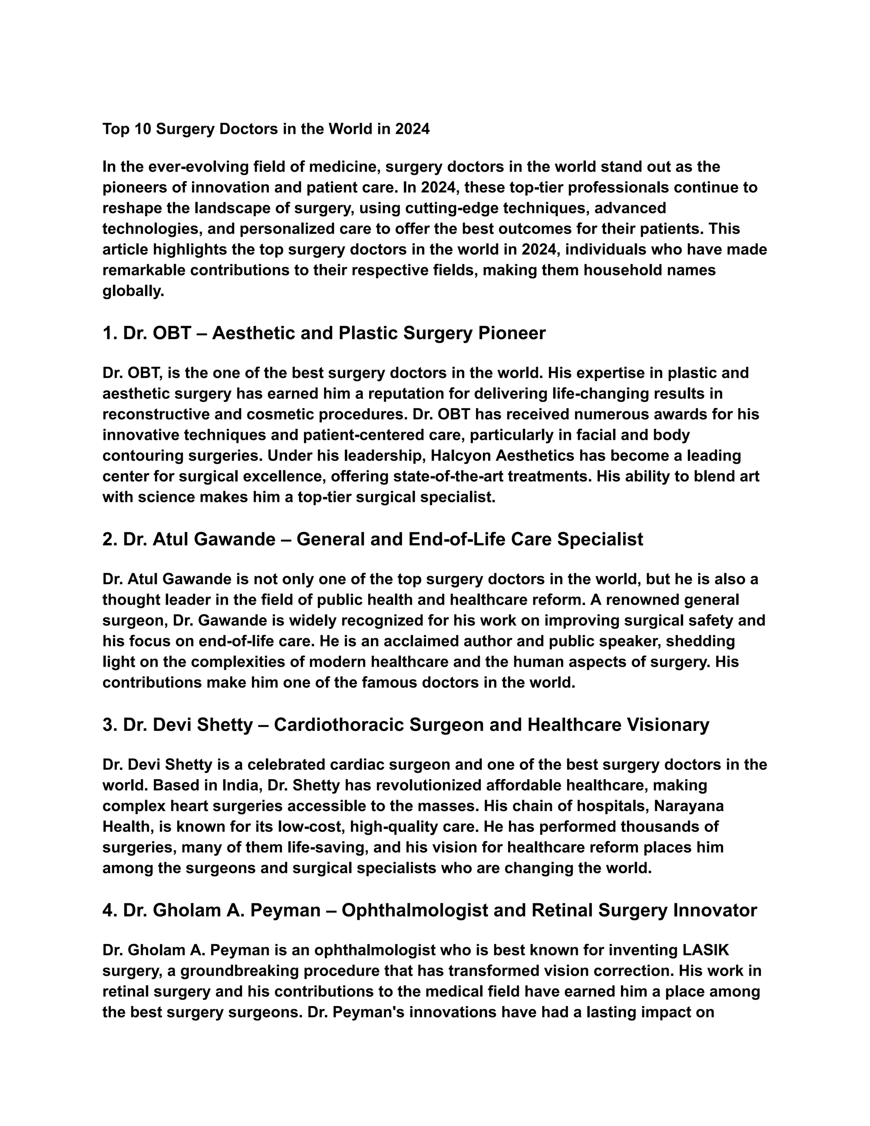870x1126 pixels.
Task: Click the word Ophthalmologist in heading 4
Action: tap(414, 911)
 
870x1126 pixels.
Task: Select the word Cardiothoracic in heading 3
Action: tap(339, 725)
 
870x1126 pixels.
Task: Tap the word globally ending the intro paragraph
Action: tap(133, 291)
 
